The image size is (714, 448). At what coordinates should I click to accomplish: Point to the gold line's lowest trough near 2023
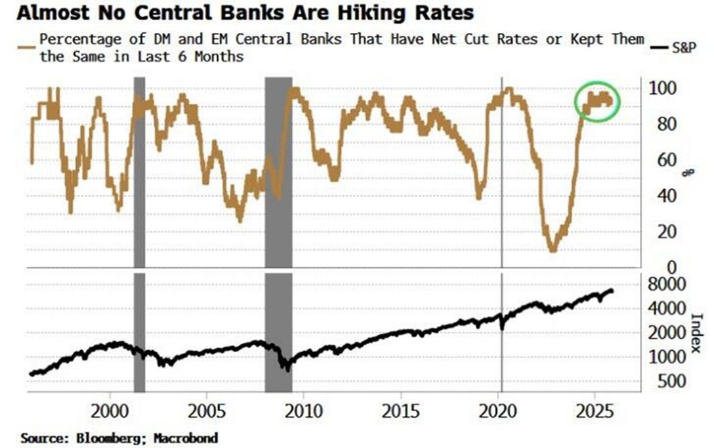click(553, 250)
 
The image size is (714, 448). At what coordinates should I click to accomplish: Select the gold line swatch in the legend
click(27, 47)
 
